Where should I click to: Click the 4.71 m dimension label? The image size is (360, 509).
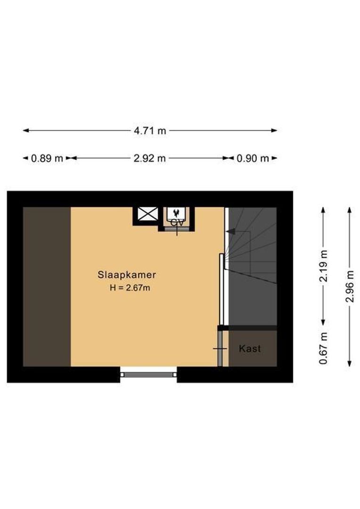click(150, 131)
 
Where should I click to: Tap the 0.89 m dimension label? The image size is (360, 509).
click(47, 158)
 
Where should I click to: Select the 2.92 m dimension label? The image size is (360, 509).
click(150, 158)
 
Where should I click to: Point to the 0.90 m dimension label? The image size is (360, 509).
click(253, 158)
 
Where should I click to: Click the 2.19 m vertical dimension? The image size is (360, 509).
click(323, 266)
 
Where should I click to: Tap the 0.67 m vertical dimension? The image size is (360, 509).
click(323, 348)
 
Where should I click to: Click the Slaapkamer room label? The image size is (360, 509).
click(127, 274)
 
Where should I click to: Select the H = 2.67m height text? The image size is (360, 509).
click(130, 287)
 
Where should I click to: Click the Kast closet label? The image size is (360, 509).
click(250, 349)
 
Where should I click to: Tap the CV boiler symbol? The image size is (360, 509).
click(177, 218)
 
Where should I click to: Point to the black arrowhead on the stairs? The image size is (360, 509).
click(230, 231)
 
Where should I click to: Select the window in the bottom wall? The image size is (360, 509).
click(148, 374)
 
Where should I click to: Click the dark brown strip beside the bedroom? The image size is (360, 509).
click(47, 287)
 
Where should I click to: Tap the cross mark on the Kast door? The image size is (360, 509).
click(220, 349)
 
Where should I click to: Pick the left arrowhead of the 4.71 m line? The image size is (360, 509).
click(25, 131)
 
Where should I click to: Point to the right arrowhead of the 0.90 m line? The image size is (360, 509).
click(275, 158)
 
